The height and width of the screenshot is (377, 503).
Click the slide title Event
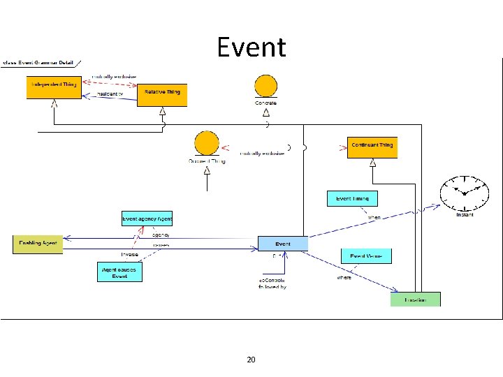coord(251,47)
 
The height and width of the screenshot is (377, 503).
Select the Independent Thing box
coord(54,85)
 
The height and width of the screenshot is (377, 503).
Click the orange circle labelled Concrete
coord(265,87)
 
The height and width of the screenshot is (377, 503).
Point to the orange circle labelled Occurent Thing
coord(207,143)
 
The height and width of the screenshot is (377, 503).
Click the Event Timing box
coord(352,199)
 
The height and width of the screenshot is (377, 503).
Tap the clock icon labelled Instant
coord(464,193)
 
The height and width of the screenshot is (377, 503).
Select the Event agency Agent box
coord(147,219)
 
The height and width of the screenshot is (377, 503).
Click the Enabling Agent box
coord(38,244)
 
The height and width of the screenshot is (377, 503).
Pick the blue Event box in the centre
coord(283,244)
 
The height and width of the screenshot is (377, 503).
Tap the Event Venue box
coord(366,256)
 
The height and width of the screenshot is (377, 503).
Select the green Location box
coord(415,300)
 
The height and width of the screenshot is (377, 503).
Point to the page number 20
coord(251,360)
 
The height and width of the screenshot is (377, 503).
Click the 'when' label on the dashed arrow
coord(374,218)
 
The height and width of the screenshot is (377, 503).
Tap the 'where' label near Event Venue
coord(344,278)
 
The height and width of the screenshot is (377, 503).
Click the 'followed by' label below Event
coord(273,287)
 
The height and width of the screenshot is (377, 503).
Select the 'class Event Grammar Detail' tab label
coord(38,63)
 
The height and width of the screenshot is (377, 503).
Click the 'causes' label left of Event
coord(161,246)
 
